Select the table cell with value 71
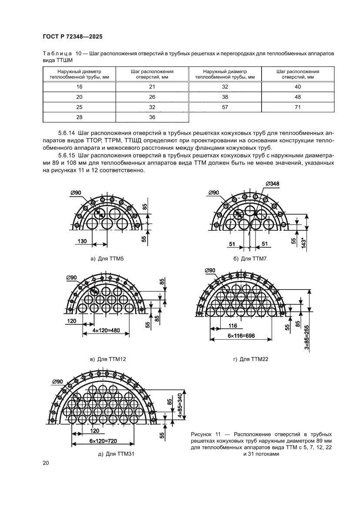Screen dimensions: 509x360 (297, 107)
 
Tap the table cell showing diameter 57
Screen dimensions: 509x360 (225, 107)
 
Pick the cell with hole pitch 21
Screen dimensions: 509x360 (152, 87)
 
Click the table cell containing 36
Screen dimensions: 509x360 (152, 117)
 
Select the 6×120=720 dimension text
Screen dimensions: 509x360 (95, 441)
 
